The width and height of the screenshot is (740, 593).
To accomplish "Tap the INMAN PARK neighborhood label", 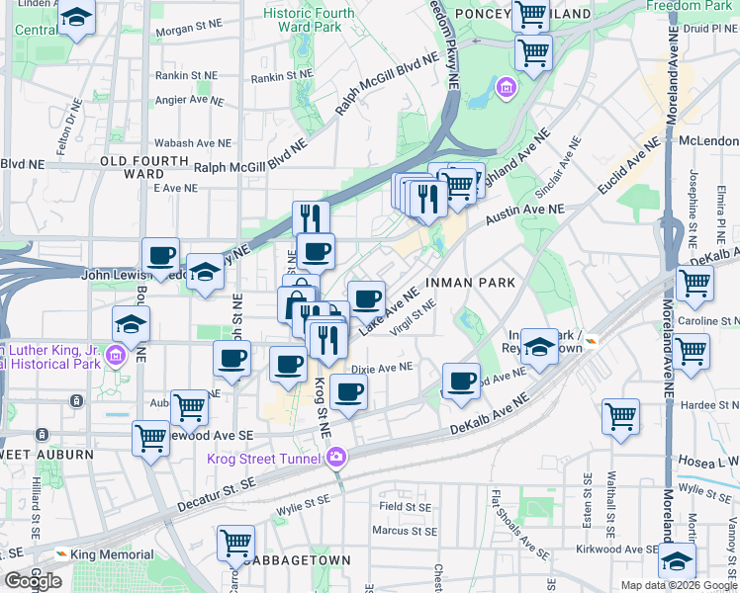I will [471, 283].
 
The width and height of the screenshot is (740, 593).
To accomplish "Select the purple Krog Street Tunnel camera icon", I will [337, 457].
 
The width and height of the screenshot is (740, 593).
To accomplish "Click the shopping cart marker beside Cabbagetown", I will [235, 542].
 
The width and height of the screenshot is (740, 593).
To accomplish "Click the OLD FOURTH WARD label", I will [144, 167].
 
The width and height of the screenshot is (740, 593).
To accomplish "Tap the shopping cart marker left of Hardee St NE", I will [620, 415].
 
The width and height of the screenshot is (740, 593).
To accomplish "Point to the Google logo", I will [33, 581].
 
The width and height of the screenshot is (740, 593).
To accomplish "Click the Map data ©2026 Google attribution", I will [679, 585].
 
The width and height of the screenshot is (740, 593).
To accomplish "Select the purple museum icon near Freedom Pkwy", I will [507, 90].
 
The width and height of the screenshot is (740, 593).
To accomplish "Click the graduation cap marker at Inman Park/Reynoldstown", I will [539, 346].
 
